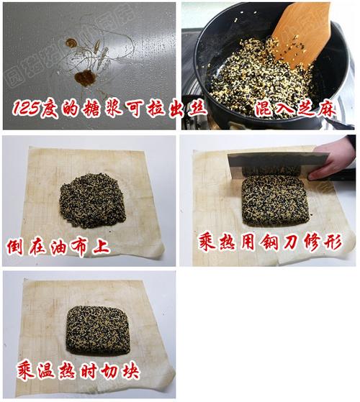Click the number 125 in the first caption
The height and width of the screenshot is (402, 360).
[26, 109]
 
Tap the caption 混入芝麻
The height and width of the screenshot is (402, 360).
[296, 109]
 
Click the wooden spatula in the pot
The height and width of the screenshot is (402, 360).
[300, 32]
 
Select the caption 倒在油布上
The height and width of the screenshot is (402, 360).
[58, 247]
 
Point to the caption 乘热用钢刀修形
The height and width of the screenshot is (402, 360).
[271, 242]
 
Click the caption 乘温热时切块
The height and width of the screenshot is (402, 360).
[78, 371]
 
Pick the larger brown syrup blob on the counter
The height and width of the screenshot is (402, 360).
[85, 78]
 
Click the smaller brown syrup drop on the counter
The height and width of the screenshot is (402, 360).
[71, 43]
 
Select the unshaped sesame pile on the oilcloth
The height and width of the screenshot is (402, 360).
[93, 201]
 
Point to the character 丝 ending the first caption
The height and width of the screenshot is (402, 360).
[197, 109]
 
